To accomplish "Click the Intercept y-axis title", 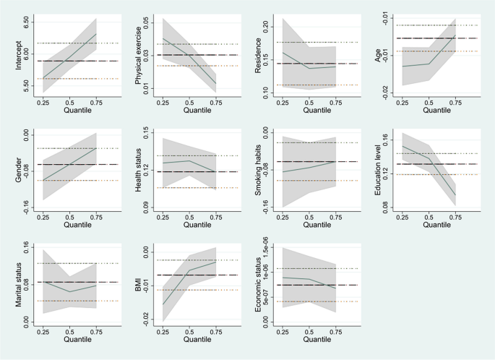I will click(9, 53).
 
